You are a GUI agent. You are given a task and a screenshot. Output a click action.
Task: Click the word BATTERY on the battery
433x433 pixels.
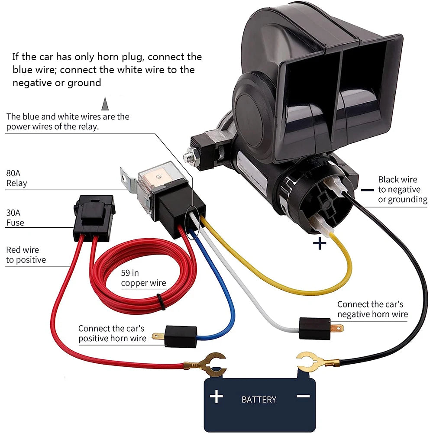pyautogui.click(x=259, y=399)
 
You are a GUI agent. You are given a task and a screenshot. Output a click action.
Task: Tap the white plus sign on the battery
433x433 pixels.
pyautogui.click(x=216, y=396)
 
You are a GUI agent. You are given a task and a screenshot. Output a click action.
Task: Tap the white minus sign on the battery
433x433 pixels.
pyautogui.click(x=303, y=396)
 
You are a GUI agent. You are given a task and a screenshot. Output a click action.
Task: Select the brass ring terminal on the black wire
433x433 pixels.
pyautogui.click(x=313, y=362)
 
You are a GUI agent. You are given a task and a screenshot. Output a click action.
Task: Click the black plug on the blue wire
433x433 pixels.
pyautogui.click(x=181, y=336)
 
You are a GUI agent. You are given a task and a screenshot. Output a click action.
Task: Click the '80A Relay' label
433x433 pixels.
pyautogui.click(x=16, y=178)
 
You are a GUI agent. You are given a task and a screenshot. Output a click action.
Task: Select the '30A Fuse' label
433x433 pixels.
pyautogui.click(x=15, y=218)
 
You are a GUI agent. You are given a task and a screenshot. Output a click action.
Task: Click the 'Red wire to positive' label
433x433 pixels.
pyautogui.click(x=26, y=255)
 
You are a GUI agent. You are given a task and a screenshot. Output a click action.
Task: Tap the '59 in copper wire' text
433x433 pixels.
pyautogui.click(x=143, y=278)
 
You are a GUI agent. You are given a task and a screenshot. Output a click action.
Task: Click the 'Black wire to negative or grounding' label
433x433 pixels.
pyautogui.click(x=402, y=189)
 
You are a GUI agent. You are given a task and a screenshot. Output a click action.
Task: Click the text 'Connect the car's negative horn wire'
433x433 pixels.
pyautogui.click(x=372, y=309)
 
